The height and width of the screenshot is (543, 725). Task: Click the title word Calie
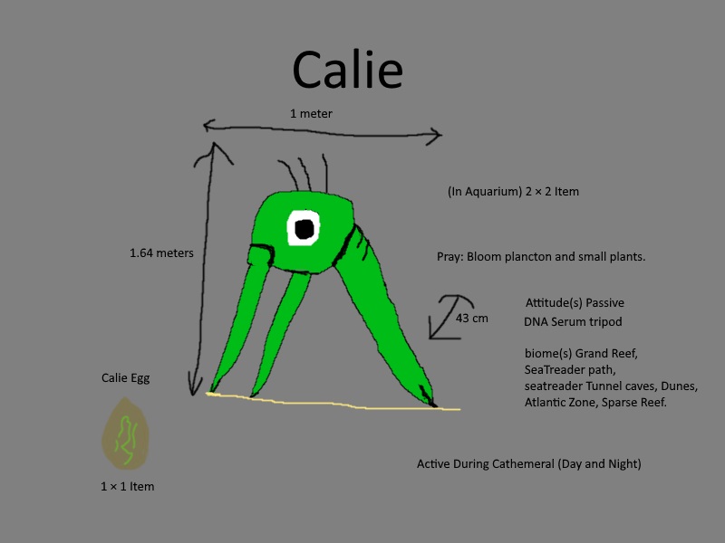348,70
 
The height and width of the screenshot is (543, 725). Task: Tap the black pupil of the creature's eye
304,229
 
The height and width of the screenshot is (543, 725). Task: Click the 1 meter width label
311,114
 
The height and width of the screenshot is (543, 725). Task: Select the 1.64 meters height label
161,253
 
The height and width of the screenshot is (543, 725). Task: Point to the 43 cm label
471,319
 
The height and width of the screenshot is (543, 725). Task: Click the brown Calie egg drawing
125,433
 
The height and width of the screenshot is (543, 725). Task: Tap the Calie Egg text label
125,378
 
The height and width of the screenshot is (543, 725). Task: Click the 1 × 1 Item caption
128,486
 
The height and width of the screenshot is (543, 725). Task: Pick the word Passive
604,303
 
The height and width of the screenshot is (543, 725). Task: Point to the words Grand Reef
606,354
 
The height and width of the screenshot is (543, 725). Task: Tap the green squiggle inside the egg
125,440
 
